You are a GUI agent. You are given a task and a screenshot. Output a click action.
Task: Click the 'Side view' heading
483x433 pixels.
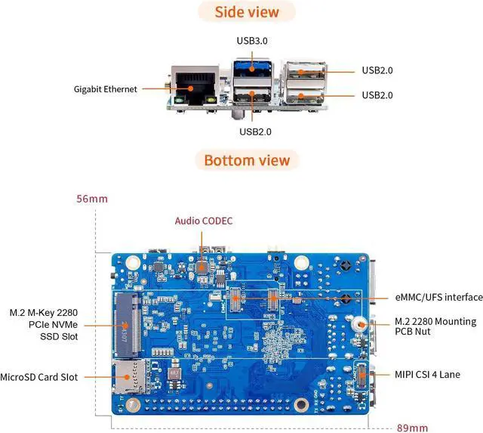pos(247,12)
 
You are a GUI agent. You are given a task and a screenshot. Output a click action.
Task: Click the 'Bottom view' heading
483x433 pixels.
pos(247,160)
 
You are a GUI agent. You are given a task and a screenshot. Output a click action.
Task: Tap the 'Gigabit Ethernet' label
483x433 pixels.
pos(106,88)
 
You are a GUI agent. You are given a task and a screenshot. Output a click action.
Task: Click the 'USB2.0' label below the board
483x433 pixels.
pos(255,131)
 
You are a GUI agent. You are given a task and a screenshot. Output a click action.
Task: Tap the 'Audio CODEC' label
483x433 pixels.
pos(204,221)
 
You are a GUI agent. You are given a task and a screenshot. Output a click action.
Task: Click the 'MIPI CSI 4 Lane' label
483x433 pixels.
pos(435,374)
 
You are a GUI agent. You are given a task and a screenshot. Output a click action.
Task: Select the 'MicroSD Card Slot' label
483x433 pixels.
pos(49,376)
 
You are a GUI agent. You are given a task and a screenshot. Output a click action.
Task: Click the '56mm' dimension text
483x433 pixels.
pos(91,199)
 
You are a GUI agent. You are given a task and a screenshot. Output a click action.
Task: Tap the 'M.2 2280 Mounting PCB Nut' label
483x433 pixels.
pos(435,327)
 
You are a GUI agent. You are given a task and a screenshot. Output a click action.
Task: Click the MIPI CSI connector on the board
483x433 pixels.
pos(360,373)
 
